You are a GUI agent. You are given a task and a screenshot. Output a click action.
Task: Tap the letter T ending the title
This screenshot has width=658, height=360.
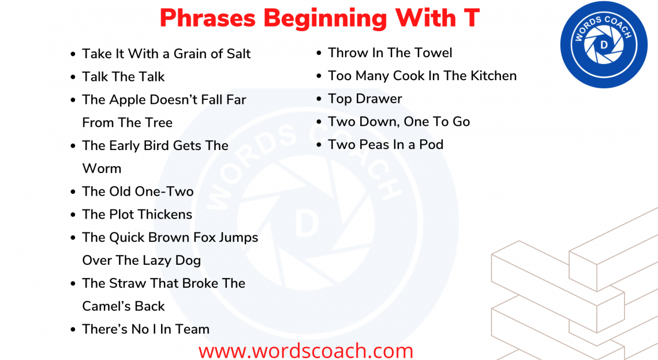(x=470, y=18)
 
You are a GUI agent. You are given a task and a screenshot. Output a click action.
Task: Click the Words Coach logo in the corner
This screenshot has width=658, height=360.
(x=603, y=44)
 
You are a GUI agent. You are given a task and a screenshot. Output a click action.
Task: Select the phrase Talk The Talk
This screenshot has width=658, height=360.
(x=123, y=77)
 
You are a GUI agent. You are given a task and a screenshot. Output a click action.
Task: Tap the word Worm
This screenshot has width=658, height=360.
(x=102, y=168)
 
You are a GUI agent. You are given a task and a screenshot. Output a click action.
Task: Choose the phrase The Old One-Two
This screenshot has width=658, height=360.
(x=137, y=192)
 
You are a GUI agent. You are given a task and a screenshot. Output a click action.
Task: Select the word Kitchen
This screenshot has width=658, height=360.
(x=494, y=76)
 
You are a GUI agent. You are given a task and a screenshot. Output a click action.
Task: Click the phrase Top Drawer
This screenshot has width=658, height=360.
(x=365, y=99)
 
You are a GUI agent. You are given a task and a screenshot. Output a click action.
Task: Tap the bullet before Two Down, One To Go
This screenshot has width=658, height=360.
(x=319, y=122)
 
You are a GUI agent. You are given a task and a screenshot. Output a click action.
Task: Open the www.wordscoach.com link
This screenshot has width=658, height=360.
(x=306, y=350)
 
